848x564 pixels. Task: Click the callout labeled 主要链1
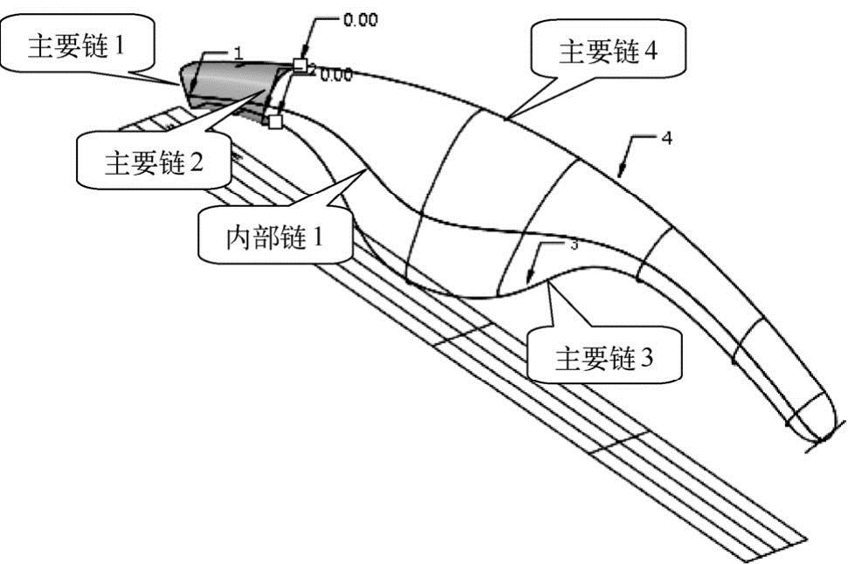click(77, 46)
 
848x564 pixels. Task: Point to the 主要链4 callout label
click(608, 52)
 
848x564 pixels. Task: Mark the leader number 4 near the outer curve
click(665, 139)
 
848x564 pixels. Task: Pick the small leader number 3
click(574, 245)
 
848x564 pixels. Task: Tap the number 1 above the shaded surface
click(237, 53)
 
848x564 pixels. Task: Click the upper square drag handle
click(300, 65)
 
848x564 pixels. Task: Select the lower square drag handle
click(274, 121)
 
